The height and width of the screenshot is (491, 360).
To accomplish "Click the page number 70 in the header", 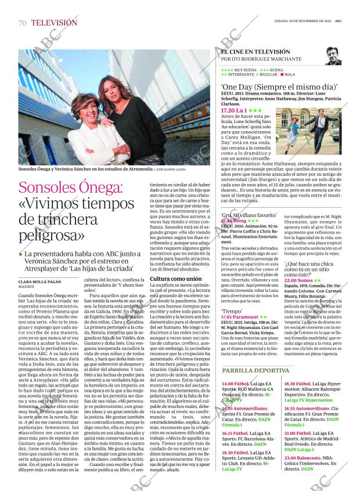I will [x=23, y=23].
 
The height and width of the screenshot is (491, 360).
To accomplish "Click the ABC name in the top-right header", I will [x=345, y=20].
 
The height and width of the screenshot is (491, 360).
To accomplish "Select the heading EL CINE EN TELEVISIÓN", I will [x=255, y=52].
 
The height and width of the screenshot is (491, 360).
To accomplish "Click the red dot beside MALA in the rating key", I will [x=282, y=74].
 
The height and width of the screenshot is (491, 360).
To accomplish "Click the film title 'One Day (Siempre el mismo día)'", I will [x=271, y=86].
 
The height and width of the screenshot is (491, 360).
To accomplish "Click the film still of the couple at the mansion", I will [x=309, y=127].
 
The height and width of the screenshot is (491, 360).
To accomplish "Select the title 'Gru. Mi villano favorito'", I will [x=249, y=215].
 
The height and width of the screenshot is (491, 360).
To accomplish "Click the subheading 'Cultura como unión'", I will [x=176, y=279].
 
